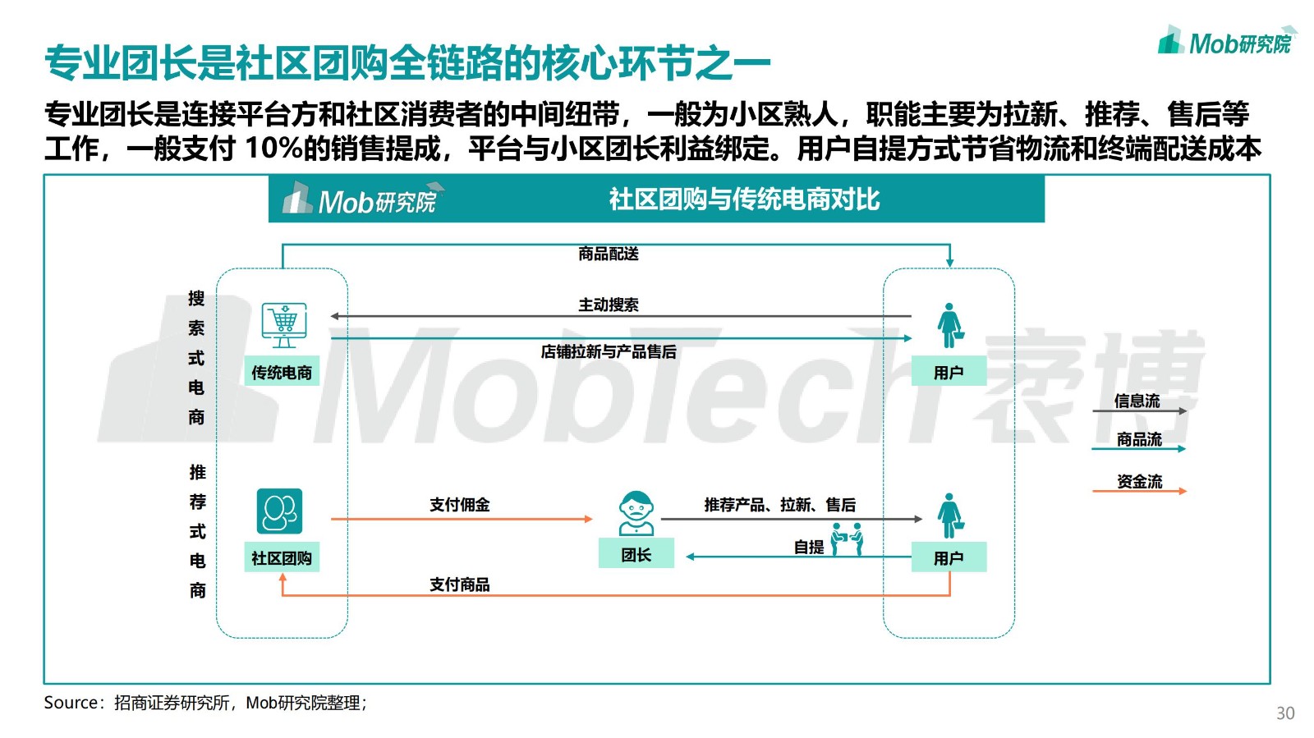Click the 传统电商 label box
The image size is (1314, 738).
click(x=282, y=373)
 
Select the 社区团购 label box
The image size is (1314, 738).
click(x=282, y=558)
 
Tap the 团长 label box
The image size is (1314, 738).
click(x=636, y=555)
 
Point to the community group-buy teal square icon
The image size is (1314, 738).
click(x=279, y=511)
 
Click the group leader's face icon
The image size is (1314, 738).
click(x=636, y=512)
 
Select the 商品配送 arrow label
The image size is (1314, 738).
click(x=609, y=254)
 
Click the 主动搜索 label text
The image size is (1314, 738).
click(x=609, y=305)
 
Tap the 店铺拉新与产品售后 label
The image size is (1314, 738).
click(x=609, y=352)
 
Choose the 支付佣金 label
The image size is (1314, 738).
click(x=460, y=505)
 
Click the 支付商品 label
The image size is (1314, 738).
click(x=460, y=584)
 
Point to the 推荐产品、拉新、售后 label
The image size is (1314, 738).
click(x=779, y=505)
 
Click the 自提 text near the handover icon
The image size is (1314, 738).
click(x=809, y=547)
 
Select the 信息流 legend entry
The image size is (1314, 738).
click(x=1137, y=401)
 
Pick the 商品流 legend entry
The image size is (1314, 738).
click(x=1139, y=440)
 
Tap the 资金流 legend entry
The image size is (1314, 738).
click(x=1140, y=482)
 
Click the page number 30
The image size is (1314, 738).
click(x=1285, y=713)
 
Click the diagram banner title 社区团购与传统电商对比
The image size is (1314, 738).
click(x=744, y=199)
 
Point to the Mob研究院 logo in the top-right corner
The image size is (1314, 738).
click(x=1227, y=41)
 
